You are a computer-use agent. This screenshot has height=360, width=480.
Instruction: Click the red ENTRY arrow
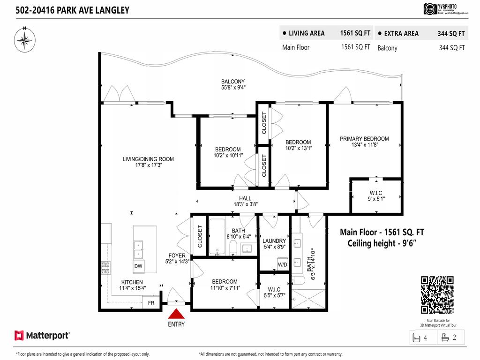click(176, 314)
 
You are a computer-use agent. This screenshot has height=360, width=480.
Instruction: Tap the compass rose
click(23, 39)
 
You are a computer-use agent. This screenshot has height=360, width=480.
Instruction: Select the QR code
click(438, 295)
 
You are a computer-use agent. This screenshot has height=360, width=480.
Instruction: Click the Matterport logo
click(42, 335)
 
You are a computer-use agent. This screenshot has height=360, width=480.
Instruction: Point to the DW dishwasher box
click(138, 266)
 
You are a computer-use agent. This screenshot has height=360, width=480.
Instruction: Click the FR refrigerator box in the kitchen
click(151, 303)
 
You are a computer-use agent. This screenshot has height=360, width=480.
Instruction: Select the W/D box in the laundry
click(283, 264)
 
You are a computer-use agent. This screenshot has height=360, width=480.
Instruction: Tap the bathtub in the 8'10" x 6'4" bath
click(217, 237)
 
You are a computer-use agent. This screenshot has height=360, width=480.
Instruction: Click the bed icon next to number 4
click(416, 337)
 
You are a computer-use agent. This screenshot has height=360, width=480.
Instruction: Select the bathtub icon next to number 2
click(445, 337)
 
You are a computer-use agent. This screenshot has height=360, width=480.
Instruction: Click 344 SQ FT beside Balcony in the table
click(451, 47)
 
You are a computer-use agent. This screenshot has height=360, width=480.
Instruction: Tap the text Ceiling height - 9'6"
click(382, 243)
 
